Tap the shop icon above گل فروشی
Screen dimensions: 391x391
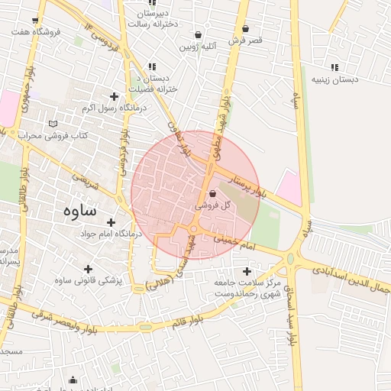pos(212,194)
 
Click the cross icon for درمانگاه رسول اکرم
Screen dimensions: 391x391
pos(115,96)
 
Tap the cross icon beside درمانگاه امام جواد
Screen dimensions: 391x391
pos(111,222)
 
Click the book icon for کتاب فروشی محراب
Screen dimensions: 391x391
pos(52,124)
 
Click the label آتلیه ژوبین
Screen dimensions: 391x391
pos(199,47)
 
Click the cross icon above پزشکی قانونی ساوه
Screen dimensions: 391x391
pos(88,269)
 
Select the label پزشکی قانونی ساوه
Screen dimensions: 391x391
pos(89,281)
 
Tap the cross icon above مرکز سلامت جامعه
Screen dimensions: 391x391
pos(246,271)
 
